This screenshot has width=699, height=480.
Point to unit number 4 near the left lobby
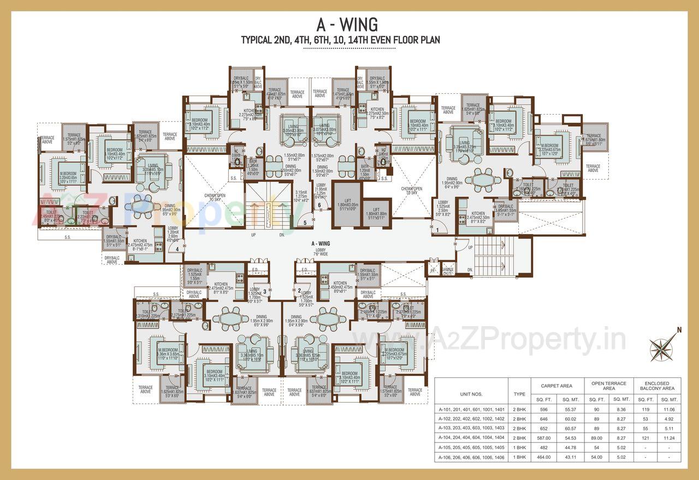[x=177, y=249]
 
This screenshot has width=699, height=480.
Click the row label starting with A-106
[x=472, y=457]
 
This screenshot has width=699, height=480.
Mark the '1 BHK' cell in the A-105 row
[x=519, y=447]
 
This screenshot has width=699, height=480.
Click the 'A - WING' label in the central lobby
[x=320, y=244]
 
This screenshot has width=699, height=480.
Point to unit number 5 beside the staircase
[x=305, y=222]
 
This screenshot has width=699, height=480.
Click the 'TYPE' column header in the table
[x=519, y=393]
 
